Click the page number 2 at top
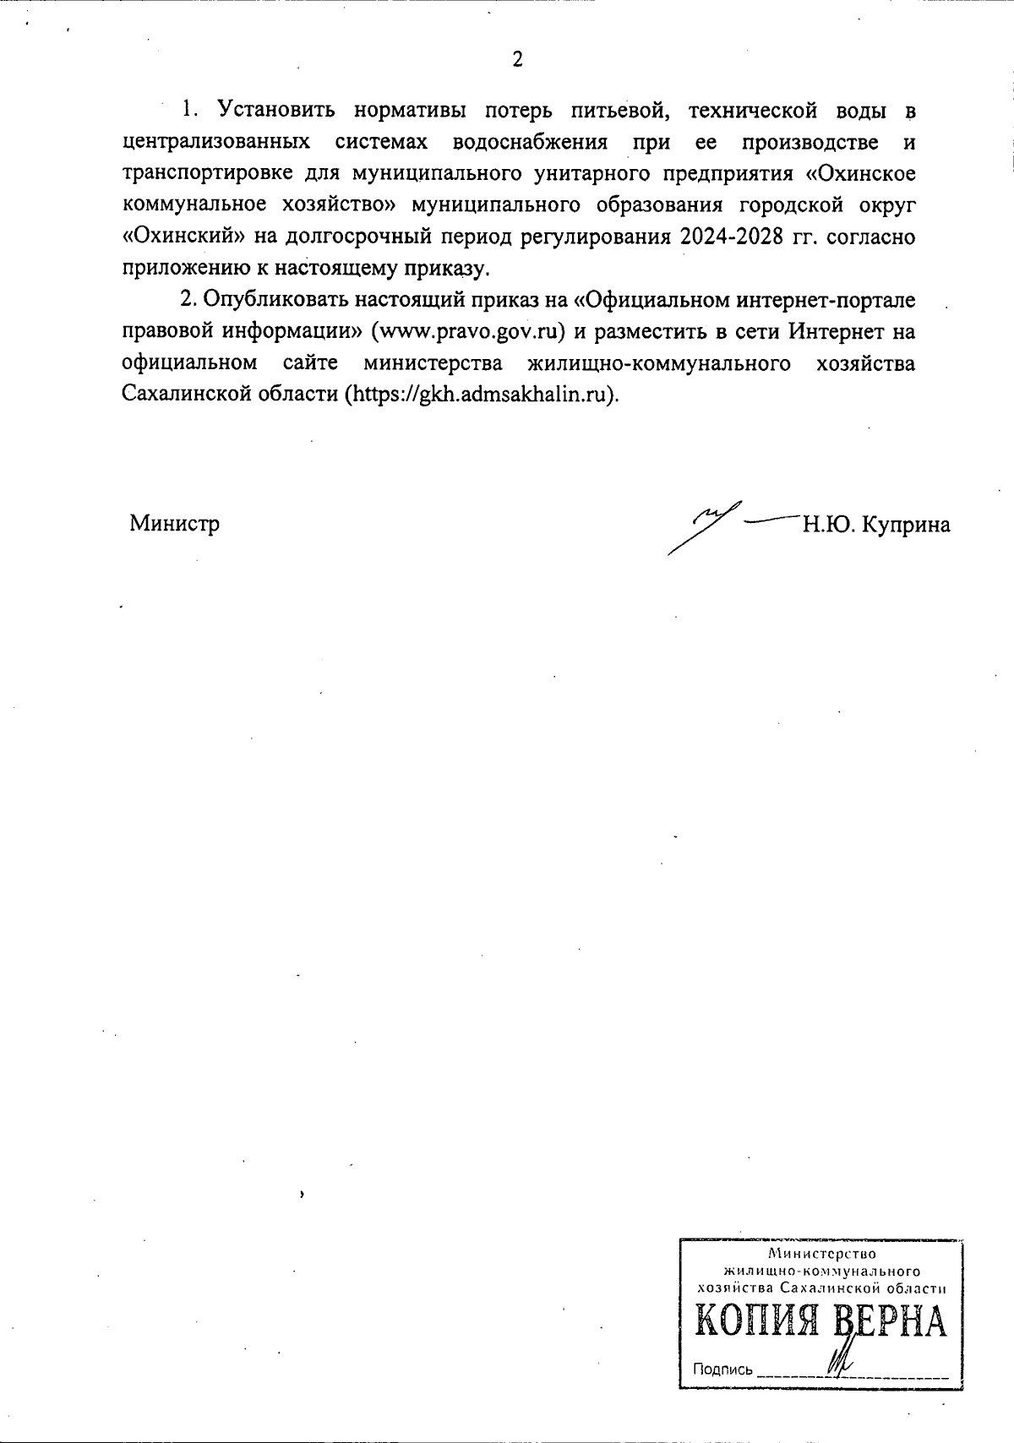click(517, 59)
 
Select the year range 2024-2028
click(728, 237)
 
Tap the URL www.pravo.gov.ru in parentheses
click(473, 331)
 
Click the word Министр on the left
click(175, 524)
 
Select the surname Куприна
click(905, 525)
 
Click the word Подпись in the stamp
click(722, 1369)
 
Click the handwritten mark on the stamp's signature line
click(842, 1362)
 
